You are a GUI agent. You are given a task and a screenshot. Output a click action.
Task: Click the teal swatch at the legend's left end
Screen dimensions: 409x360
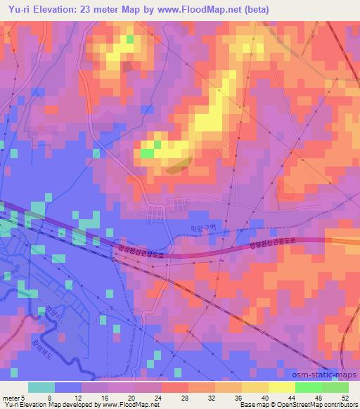(41, 387)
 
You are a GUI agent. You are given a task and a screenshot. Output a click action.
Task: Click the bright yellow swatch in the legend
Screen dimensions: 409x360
(281, 387)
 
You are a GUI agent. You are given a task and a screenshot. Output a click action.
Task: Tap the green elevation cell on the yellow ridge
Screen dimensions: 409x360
(148, 152)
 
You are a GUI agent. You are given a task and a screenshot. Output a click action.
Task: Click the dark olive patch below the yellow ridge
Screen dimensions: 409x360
(177, 165)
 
